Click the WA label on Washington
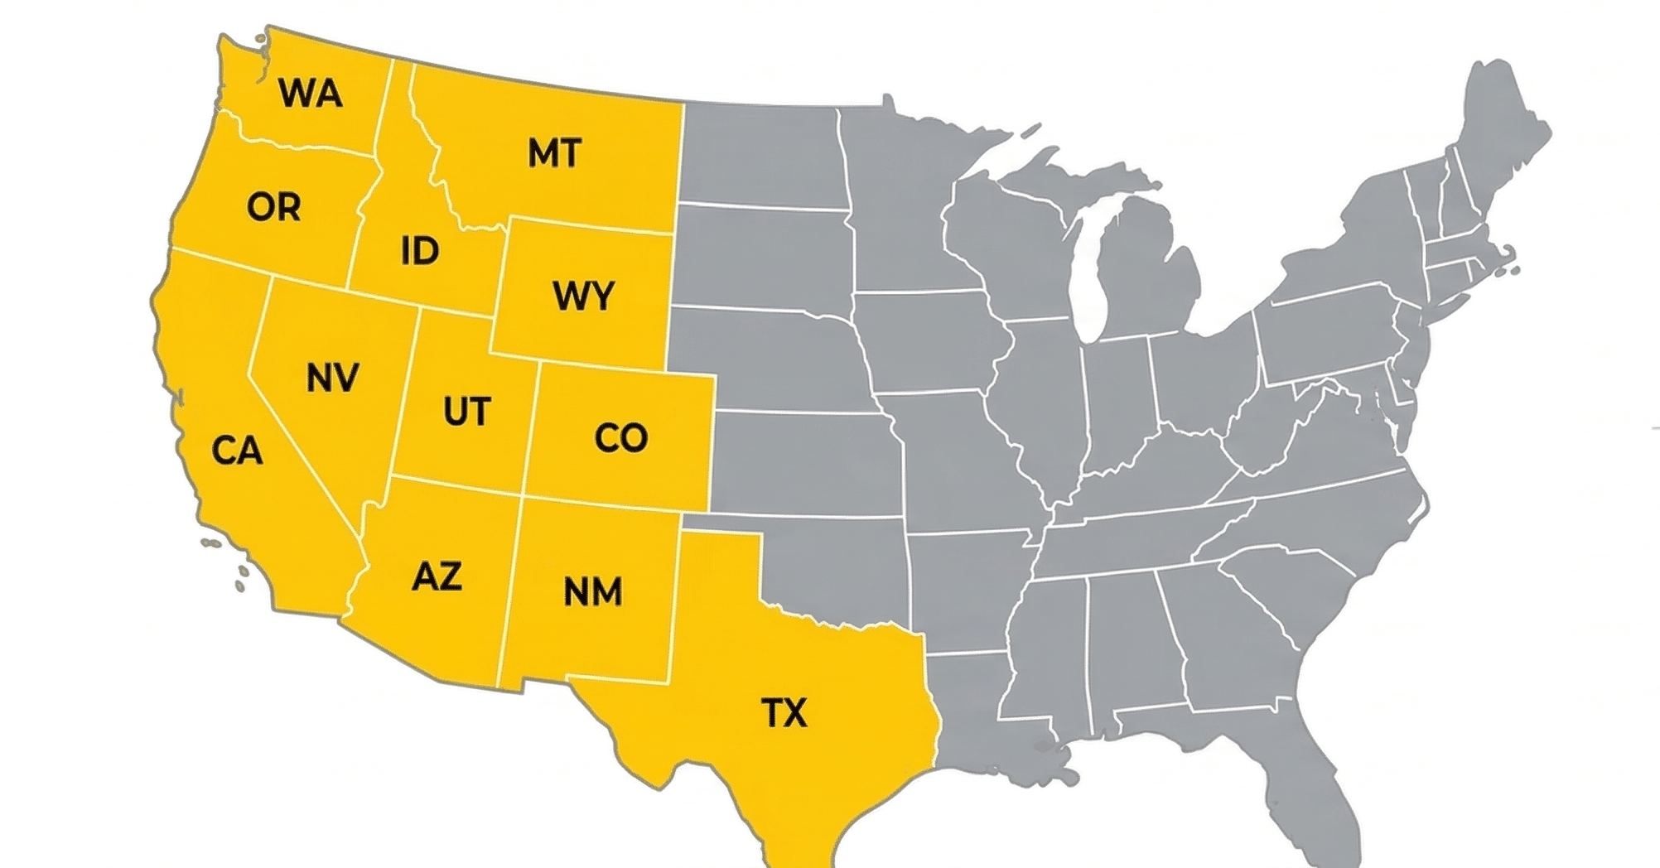click(x=311, y=93)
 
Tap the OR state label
click(x=273, y=207)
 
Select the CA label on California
click(x=237, y=451)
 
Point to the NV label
click(x=332, y=378)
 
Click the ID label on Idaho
click(x=420, y=251)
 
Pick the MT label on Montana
click(x=555, y=153)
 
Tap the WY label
click(x=584, y=296)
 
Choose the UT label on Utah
click(x=467, y=412)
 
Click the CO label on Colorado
click(x=621, y=438)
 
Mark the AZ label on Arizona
click(x=437, y=576)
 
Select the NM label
click(x=593, y=592)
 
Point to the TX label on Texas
click(x=784, y=712)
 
